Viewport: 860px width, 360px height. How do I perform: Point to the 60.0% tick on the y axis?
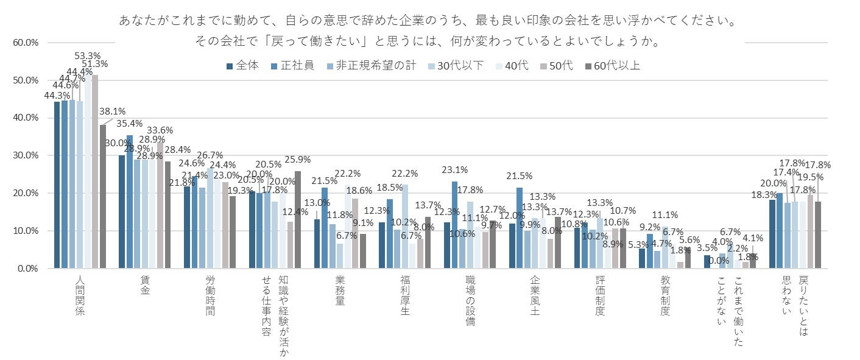coord(25,43)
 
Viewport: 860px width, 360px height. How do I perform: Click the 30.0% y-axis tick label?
coord(25,155)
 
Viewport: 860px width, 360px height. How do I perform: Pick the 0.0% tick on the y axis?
coord(27,269)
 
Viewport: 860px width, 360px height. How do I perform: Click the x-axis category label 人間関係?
coord(80,295)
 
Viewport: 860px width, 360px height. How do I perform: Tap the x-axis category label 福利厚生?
coord(405,295)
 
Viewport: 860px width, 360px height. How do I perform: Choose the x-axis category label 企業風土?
coord(535,295)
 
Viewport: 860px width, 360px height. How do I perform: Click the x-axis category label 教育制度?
coord(665,295)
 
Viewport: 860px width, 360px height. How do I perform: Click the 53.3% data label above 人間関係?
coord(87,56)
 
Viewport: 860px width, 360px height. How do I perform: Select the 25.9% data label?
coord(297,160)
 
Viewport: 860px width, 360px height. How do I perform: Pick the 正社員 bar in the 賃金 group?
coord(129,202)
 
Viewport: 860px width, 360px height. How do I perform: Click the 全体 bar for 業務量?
coord(317,244)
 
